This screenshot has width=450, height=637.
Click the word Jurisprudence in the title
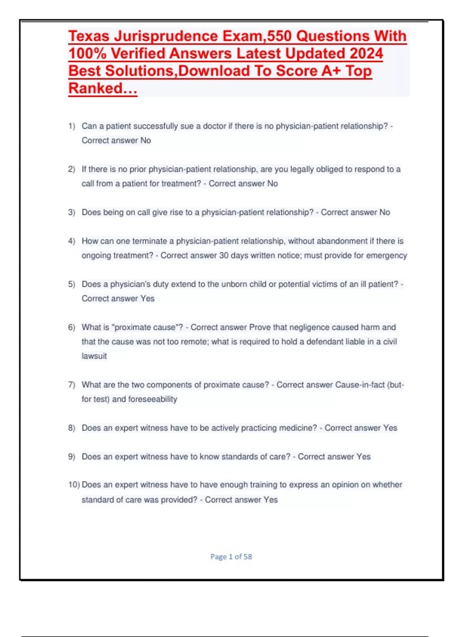coord(165,36)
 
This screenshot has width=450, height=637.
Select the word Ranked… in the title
coord(103,88)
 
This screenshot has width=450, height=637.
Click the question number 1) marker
coord(72,126)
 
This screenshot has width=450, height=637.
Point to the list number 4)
coord(72,241)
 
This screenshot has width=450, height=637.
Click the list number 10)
coord(74,485)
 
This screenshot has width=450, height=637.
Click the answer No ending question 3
coord(385,212)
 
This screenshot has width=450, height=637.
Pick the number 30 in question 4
coord(224,256)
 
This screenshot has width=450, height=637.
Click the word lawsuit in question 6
coord(94,356)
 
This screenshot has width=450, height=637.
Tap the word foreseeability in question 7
coord(153,399)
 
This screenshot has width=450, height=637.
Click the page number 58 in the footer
coord(247,557)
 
